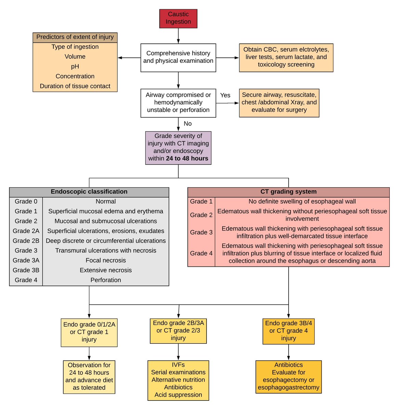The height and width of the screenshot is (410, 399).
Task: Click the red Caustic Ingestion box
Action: (x=178, y=18)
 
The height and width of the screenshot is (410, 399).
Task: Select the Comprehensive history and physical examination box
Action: (x=178, y=57)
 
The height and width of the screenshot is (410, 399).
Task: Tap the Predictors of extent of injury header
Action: (x=75, y=37)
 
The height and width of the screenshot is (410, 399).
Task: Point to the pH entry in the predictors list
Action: (x=75, y=67)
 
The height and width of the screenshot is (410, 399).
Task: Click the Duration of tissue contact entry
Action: (x=75, y=86)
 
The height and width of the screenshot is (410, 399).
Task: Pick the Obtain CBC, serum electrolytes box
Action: (x=286, y=57)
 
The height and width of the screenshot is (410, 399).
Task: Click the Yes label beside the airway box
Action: (x=225, y=95)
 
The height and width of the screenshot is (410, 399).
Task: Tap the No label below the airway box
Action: (x=187, y=124)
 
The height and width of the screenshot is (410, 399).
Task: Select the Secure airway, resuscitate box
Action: (x=279, y=102)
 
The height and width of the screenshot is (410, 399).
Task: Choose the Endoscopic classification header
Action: (x=89, y=192)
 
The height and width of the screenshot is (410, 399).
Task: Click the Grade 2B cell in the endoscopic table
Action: (x=26, y=241)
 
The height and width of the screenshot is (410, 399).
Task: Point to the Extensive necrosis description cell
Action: (x=106, y=270)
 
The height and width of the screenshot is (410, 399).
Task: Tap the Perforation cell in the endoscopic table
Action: (x=106, y=280)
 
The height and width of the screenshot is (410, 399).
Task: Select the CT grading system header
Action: (x=288, y=192)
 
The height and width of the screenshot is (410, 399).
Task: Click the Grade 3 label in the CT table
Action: (x=201, y=232)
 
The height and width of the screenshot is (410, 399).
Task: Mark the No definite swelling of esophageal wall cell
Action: (x=302, y=202)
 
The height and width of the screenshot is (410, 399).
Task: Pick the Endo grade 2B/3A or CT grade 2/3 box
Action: (x=178, y=331)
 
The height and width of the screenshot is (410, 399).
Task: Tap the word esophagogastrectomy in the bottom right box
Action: (x=289, y=387)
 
